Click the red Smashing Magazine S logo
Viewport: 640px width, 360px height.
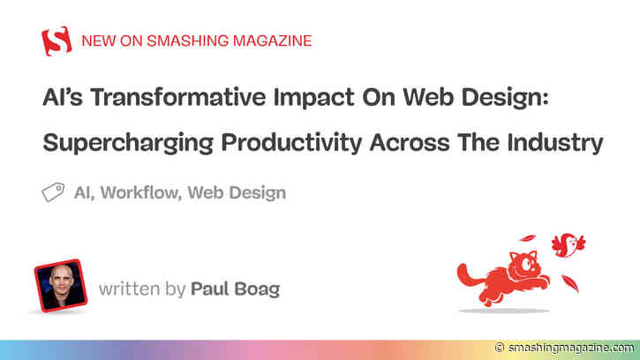click(56, 41)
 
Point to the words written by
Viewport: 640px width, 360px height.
click(142, 288)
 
